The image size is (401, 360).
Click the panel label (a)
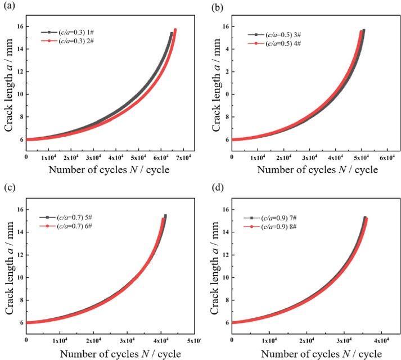click(x=8, y=7)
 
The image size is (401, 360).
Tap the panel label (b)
click(x=215, y=7)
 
